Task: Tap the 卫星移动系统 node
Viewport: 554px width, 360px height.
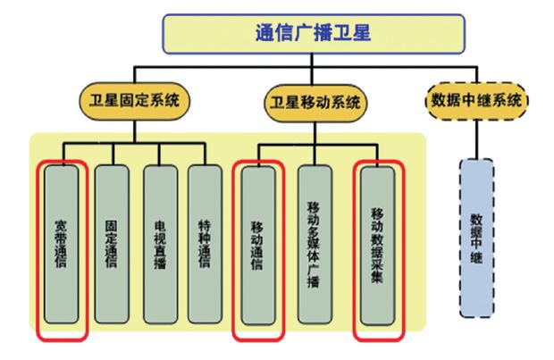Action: [x=315, y=102]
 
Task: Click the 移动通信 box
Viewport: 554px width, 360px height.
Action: [x=258, y=245]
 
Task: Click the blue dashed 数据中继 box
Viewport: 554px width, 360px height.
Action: [x=476, y=237]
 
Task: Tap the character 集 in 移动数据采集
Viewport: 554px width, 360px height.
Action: [x=376, y=278]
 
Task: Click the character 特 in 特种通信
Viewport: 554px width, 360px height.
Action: [x=206, y=219]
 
